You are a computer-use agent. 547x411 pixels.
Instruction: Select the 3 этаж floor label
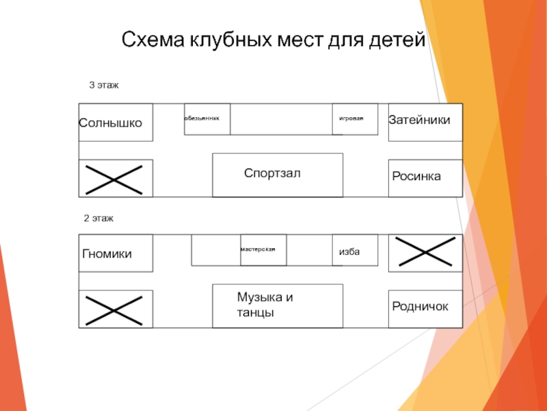pyautogui.click(x=105, y=86)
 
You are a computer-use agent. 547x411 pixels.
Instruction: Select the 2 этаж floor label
pyautogui.click(x=98, y=218)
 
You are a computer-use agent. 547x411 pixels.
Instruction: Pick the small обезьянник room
pyautogui.click(x=207, y=119)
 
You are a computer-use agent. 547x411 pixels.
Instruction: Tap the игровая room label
pyautogui.click(x=351, y=119)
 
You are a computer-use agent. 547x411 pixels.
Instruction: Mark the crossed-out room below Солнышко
pyautogui.click(x=116, y=178)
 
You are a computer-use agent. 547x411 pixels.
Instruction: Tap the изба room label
pyautogui.click(x=349, y=253)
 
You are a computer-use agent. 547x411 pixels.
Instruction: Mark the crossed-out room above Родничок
pyautogui.click(x=425, y=252)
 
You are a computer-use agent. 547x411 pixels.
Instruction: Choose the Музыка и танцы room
pyautogui.click(x=277, y=305)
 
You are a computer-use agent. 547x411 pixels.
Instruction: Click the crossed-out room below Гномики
pyautogui.click(x=116, y=310)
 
